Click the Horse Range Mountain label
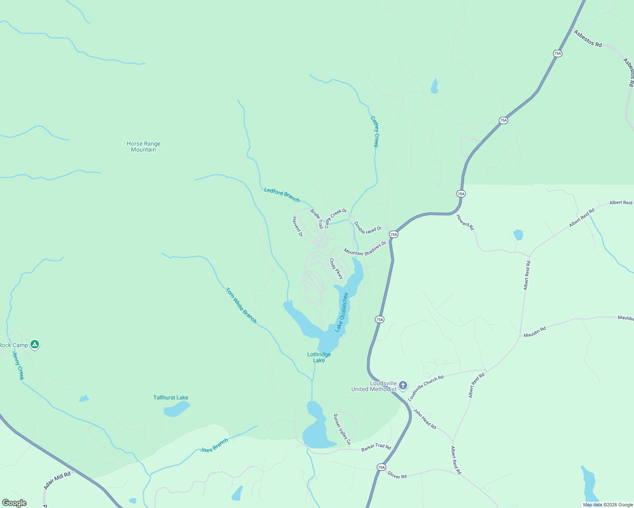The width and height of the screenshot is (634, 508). point(144,146)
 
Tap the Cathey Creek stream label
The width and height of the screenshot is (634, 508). point(375,132)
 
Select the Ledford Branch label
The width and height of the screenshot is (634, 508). point(282,195)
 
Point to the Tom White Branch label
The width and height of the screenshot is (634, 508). point(241,306)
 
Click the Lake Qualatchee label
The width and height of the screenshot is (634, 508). point(342,312)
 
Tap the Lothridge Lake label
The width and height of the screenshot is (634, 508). point(319,357)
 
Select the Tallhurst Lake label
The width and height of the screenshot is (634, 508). point(171,398)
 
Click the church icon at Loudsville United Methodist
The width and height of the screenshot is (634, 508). point(403,385)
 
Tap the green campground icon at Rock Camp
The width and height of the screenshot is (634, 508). point(35,345)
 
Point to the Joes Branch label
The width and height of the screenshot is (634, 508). point(214,445)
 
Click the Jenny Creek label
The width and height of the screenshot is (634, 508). point(18,365)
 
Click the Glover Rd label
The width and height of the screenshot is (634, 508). point(397,475)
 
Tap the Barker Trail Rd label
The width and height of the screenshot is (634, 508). point(376,447)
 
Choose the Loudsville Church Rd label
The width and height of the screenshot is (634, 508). point(425,388)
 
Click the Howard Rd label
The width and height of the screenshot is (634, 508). point(465,223)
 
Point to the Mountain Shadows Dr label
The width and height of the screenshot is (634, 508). point(365,249)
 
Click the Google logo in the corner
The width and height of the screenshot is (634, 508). point(14,503)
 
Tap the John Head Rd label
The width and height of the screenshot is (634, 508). point(425,419)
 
